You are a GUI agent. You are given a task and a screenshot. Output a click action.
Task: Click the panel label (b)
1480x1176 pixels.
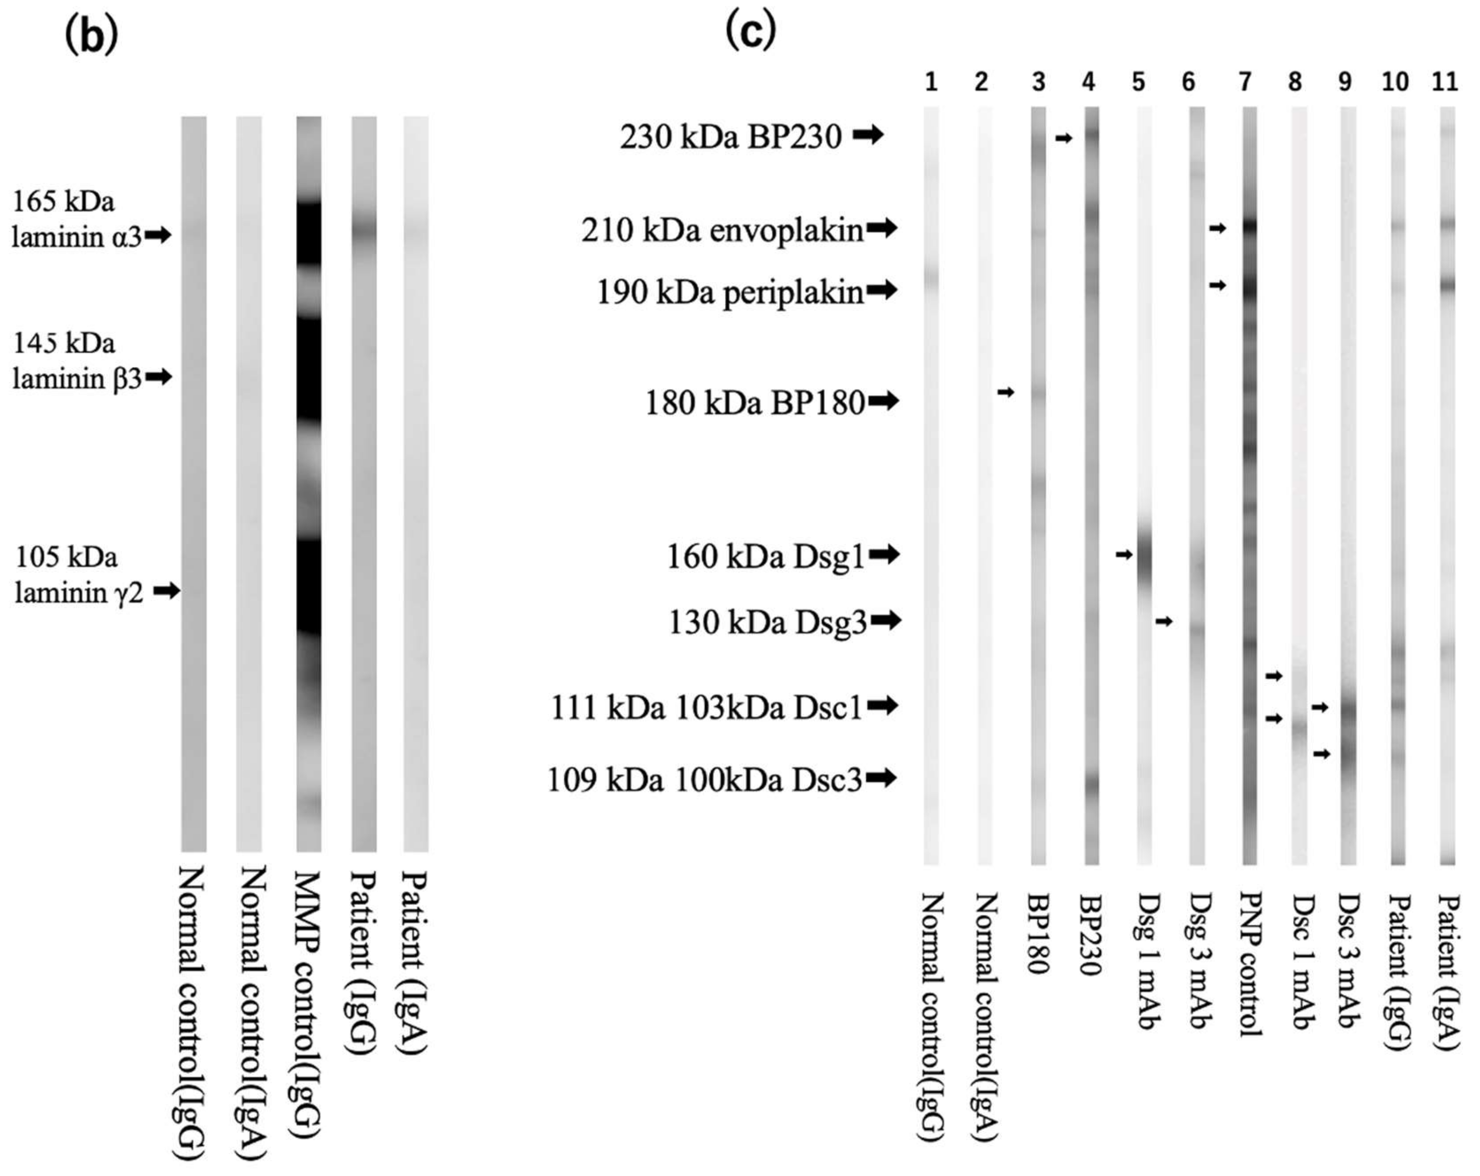click(x=90, y=36)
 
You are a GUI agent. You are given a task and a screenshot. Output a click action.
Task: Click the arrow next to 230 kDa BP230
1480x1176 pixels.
click(x=868, y=136)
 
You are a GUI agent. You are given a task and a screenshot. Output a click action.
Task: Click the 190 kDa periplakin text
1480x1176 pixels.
click(x=730, y=292)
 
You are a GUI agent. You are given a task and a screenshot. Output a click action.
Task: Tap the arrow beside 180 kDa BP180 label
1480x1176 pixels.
click(x=883, y=401)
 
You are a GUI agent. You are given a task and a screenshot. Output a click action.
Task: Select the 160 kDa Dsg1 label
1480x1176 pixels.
click(x=765, y=556)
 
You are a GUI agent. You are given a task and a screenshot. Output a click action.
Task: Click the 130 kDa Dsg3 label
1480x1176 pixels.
click(x=767, y=622)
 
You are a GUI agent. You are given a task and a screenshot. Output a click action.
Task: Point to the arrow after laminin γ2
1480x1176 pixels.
click(x=166, y=590)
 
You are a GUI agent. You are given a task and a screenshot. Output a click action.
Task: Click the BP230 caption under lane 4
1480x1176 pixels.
click(x=1089, y=933)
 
